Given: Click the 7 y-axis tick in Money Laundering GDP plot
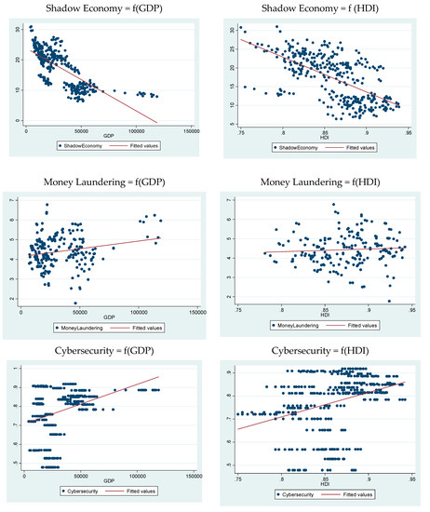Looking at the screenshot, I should click(x=12, y=200).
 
